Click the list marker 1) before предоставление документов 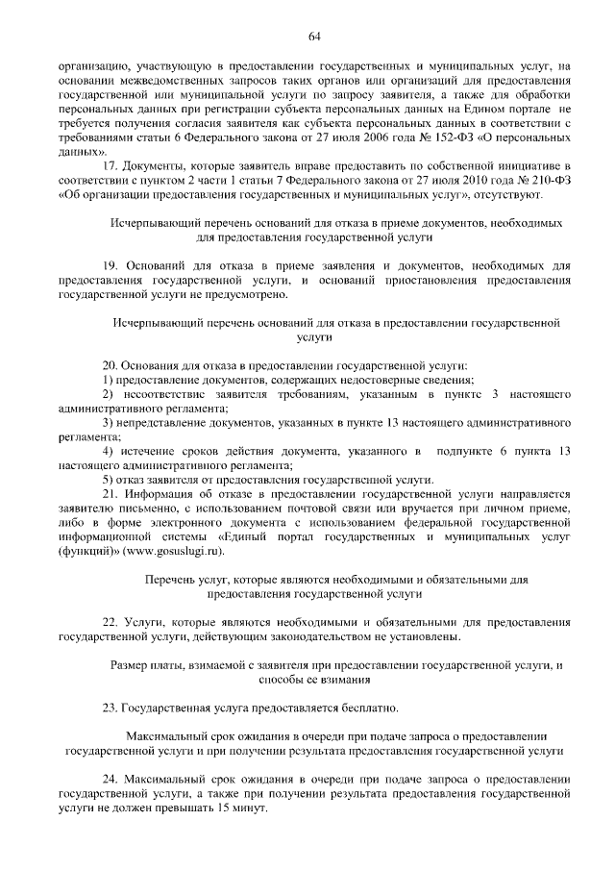click(x=109, y=382)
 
